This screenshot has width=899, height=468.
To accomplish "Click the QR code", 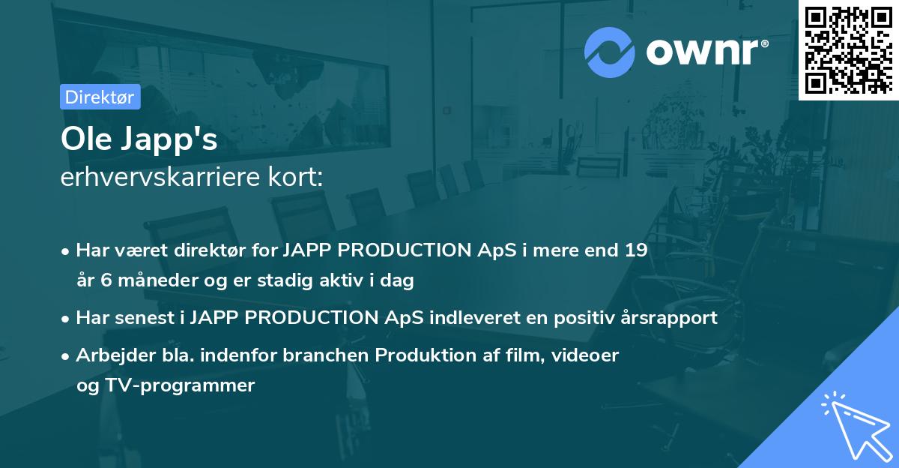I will tap(849, 49).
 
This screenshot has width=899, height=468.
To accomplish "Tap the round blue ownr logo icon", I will tap(611, 52).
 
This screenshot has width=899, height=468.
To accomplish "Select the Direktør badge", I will tap(100, 97).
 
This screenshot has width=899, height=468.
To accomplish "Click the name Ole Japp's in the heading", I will tap(139, 139).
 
